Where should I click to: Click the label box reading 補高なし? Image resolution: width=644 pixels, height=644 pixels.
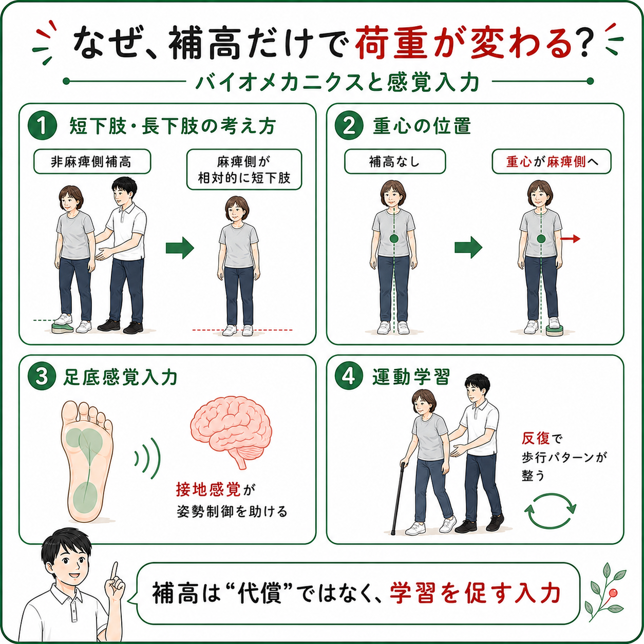[395, 162]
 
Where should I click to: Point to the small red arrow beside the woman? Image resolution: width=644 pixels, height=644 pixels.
[570, 239]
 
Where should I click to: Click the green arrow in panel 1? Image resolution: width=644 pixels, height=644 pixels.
[180, 248]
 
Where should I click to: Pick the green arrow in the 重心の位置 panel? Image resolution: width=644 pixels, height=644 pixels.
[468, 248]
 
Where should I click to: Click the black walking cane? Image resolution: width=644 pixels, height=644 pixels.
[398, 498]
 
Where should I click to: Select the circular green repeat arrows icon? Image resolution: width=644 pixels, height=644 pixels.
[551, 511]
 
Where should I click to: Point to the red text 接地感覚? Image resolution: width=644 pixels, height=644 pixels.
[208, 490]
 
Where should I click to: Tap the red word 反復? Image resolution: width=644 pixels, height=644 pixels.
[536, 439]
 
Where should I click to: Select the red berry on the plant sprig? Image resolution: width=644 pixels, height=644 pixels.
[613, 593]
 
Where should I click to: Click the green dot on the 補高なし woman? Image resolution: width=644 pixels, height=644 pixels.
[394, 239]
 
